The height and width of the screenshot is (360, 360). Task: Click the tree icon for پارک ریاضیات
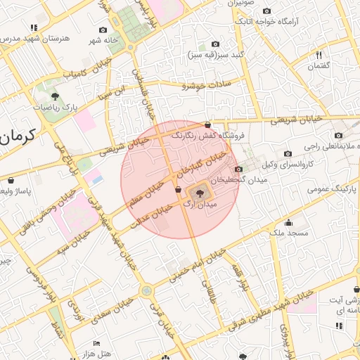56,96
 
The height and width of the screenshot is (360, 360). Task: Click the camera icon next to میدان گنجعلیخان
239,169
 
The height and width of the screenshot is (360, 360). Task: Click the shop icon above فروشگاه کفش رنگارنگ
207,124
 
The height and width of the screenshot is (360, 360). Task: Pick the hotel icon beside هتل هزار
96,343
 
